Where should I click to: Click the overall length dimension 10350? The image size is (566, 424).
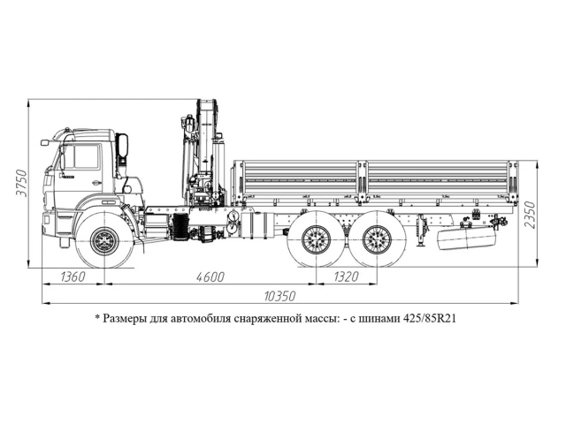pos(280,294)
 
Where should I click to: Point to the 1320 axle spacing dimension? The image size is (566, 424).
pos(346,276)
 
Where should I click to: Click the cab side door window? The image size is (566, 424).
pos(86,156)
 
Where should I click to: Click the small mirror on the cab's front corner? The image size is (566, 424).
pos(45,141)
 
